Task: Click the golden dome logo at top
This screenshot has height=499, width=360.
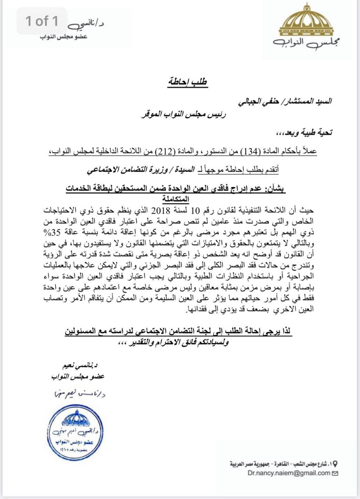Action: point(307,21)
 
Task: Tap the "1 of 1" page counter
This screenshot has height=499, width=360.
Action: point(42,21)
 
